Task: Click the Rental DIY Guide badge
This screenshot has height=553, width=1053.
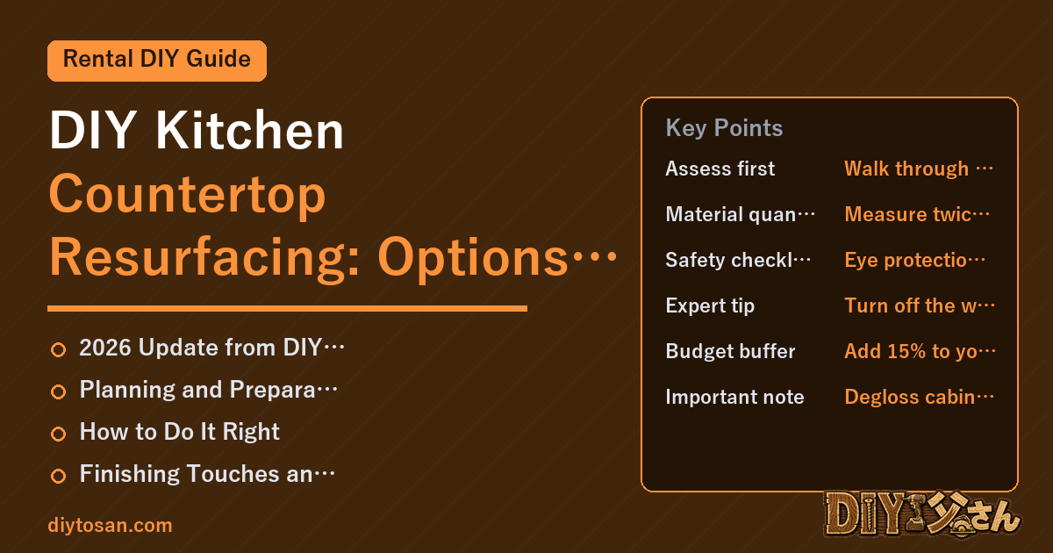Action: [x=157, y=61]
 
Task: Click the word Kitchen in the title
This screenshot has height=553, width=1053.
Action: [x=249, y=130]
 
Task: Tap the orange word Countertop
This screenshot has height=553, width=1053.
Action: [x=188, y=195]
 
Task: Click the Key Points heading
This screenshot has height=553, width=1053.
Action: [x=724, y=128]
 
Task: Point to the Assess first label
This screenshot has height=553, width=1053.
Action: [x=720, y=169]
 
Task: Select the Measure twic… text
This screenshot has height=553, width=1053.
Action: [x=917, y=214]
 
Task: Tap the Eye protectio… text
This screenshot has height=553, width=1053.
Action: [x=914, y=260]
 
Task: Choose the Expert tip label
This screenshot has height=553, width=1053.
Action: [x=710, y=305]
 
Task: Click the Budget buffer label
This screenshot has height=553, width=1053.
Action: [x=730, y=351]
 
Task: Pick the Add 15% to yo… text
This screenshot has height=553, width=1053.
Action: [x=920, y=351]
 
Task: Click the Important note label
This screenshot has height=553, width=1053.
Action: [x=734, y=397]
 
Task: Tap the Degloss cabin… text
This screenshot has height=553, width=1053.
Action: [x=919, y=397]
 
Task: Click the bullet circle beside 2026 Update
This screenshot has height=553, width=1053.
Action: [x=58, y=350]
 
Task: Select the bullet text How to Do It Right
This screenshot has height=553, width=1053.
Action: [x=179, y=432]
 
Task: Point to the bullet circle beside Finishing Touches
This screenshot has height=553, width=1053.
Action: [x=58, y=476]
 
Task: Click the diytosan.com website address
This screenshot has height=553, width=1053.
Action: [x=110, y=525]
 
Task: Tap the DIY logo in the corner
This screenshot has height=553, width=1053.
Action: [x=922, y=514]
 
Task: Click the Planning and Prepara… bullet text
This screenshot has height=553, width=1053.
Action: [x=208, y=390]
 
